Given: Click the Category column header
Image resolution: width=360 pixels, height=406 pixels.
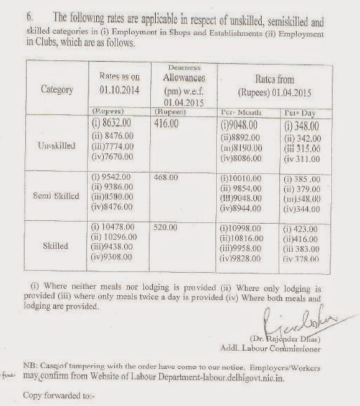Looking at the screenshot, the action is tap(58, 90).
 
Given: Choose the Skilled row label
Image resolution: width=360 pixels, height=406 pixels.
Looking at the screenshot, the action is tap(55, 246).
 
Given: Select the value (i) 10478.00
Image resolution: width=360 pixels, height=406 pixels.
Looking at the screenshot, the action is tap(115, 229).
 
